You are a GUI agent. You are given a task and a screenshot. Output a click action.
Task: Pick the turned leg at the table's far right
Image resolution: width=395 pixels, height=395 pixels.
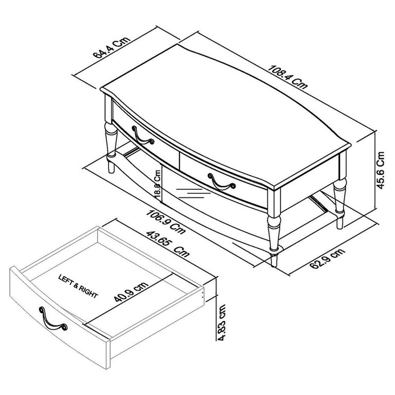[339, 198]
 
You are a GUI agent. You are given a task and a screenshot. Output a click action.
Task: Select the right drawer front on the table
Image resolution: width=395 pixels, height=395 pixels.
[224, 177]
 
